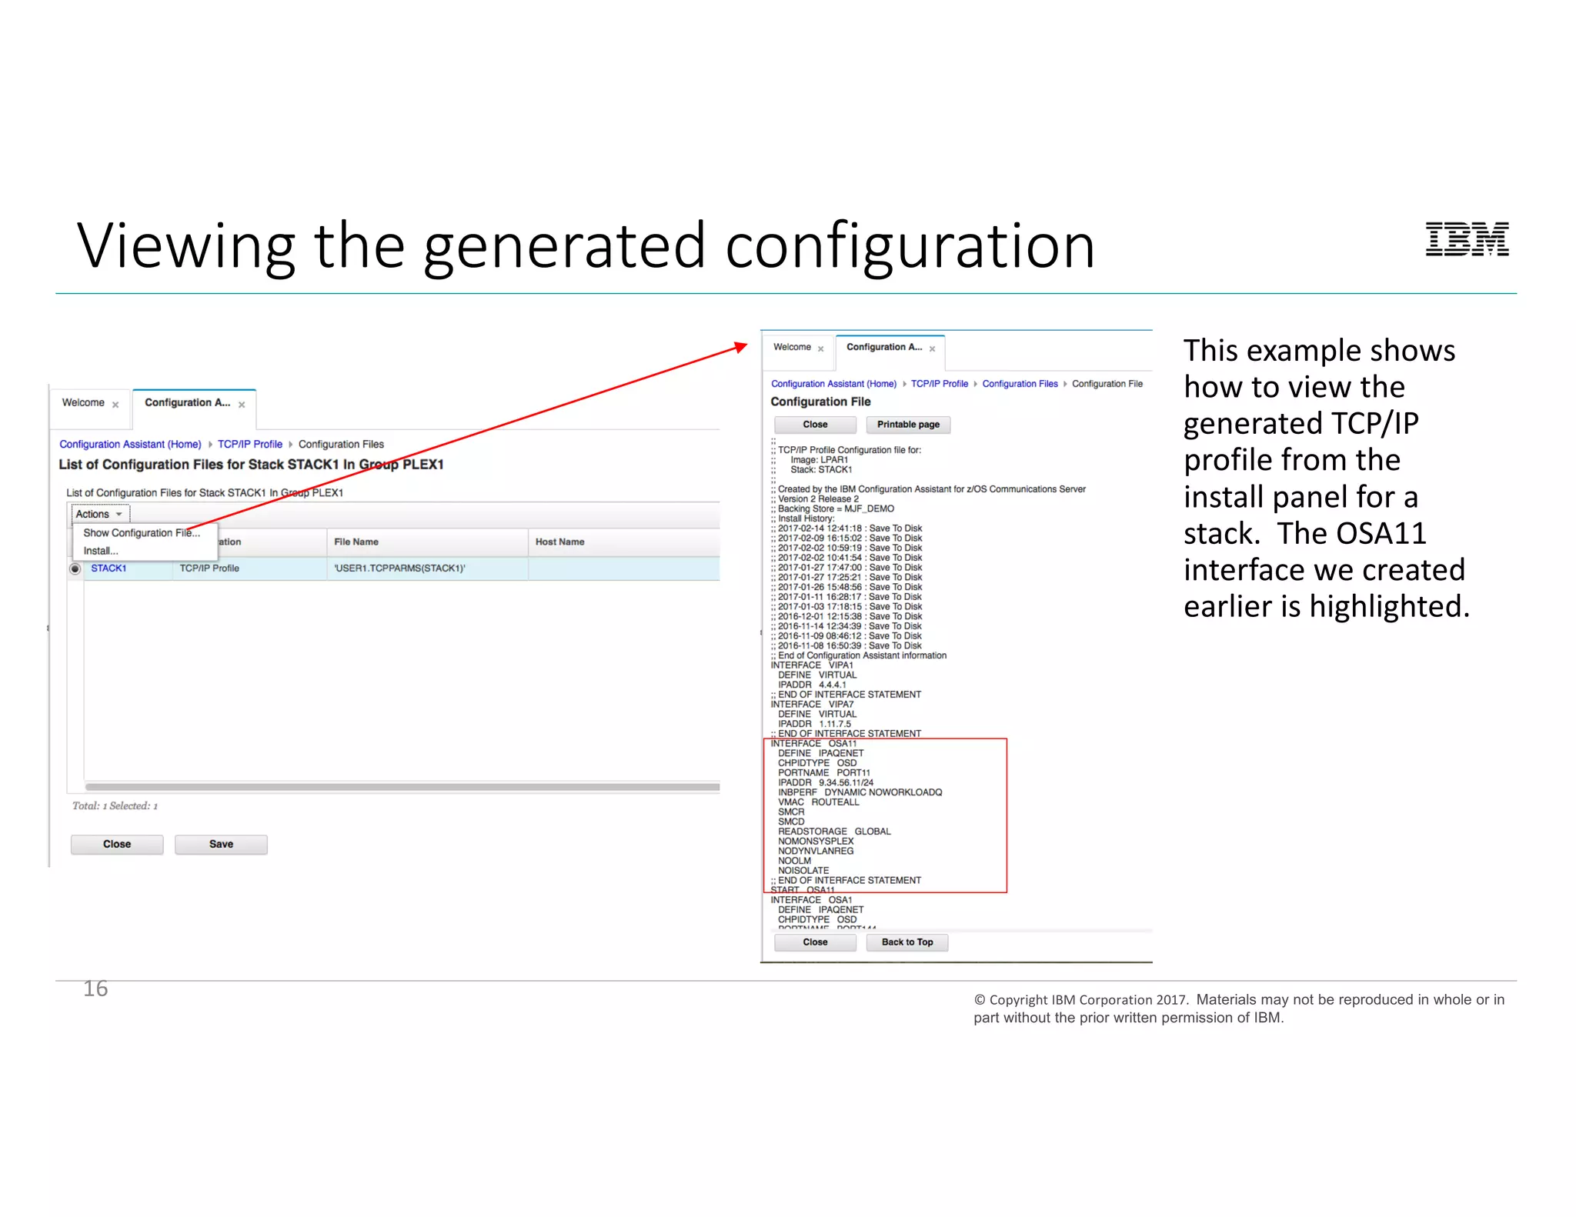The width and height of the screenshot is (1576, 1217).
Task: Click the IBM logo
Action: pos(1467,239)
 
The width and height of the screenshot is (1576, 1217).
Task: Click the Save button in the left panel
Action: pos(221,844)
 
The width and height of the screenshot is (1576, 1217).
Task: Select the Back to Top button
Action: pos(907,942)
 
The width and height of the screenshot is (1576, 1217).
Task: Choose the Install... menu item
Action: pos(101,551)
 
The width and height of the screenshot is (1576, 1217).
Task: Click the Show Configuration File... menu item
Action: pos(141,532)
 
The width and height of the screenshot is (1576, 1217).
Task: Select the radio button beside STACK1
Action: pos(75,568)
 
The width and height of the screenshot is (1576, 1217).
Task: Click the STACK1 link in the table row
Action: pos(109,568)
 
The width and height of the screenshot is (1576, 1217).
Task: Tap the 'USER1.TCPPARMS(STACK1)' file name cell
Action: pos(399,568)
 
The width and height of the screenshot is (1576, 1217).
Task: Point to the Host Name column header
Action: pos(559,542)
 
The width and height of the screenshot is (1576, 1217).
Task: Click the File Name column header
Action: pos(356,542)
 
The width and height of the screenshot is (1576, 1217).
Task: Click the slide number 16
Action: pos(95,989)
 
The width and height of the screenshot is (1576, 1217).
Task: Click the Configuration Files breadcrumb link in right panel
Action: pos(1020,384)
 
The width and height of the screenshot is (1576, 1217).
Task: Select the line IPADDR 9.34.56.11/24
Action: pos(825,782)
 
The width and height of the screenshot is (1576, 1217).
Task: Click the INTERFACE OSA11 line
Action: pos(813,744)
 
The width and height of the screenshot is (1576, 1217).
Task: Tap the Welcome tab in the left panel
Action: pos(83,402)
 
